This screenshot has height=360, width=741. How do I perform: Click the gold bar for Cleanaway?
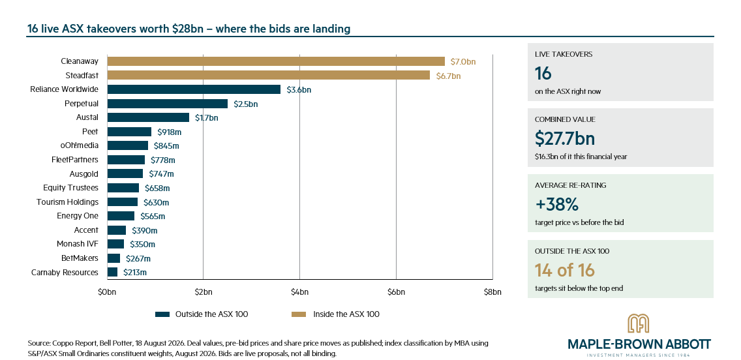[x=276, y=61]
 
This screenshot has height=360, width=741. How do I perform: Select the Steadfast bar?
[x=269, y=76]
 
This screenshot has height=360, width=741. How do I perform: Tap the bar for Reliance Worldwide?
[x=194, y=89]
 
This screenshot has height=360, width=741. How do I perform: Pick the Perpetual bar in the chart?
[x=167, y=104]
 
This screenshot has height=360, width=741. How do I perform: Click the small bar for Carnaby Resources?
[x=112, y=272]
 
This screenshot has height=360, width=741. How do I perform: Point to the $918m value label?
[x=169, y=132]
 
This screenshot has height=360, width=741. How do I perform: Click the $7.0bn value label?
[x=463, y=61]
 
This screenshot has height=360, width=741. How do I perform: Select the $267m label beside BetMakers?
[x=138, y=258]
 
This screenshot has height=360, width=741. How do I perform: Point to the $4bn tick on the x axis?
[x=299, y=292]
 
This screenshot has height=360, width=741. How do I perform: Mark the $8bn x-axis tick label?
[x=492, y=292]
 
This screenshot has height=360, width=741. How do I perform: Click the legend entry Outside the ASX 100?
[x=202, y=314]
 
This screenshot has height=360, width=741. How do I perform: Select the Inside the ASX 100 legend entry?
[x=335, y=314]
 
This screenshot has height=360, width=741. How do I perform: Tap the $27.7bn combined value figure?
[x=565, y=138]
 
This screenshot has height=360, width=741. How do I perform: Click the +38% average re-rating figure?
[x=556, y=205]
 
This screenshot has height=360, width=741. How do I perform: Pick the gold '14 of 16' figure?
[x=565, y=270]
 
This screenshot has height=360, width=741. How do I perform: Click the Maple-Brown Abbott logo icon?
[x=638, y=323]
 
